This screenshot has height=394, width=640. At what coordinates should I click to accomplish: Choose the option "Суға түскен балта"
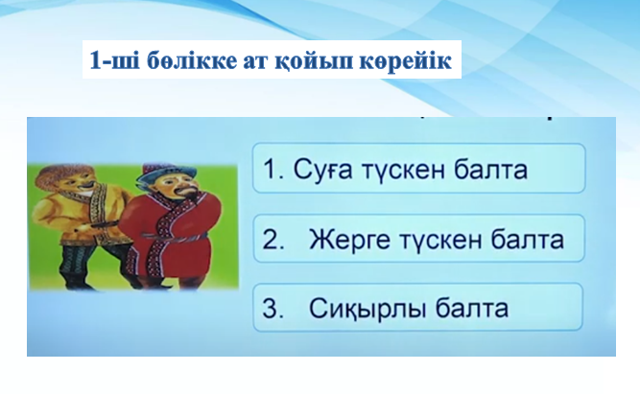point(418,168)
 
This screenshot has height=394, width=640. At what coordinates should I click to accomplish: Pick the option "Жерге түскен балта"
point(418,238)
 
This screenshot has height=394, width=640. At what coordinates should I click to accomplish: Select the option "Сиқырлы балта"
point(418,307)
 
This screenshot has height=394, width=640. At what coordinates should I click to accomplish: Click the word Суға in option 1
point(322,170)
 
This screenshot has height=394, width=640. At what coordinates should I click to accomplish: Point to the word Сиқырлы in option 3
point(367,309)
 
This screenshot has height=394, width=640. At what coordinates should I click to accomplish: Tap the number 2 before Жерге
point(273,239)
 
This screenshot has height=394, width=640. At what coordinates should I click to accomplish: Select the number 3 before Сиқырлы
point(273,309)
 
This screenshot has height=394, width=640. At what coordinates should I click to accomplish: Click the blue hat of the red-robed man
point(161,173)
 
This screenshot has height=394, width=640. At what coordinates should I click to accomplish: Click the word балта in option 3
point(471,308)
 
